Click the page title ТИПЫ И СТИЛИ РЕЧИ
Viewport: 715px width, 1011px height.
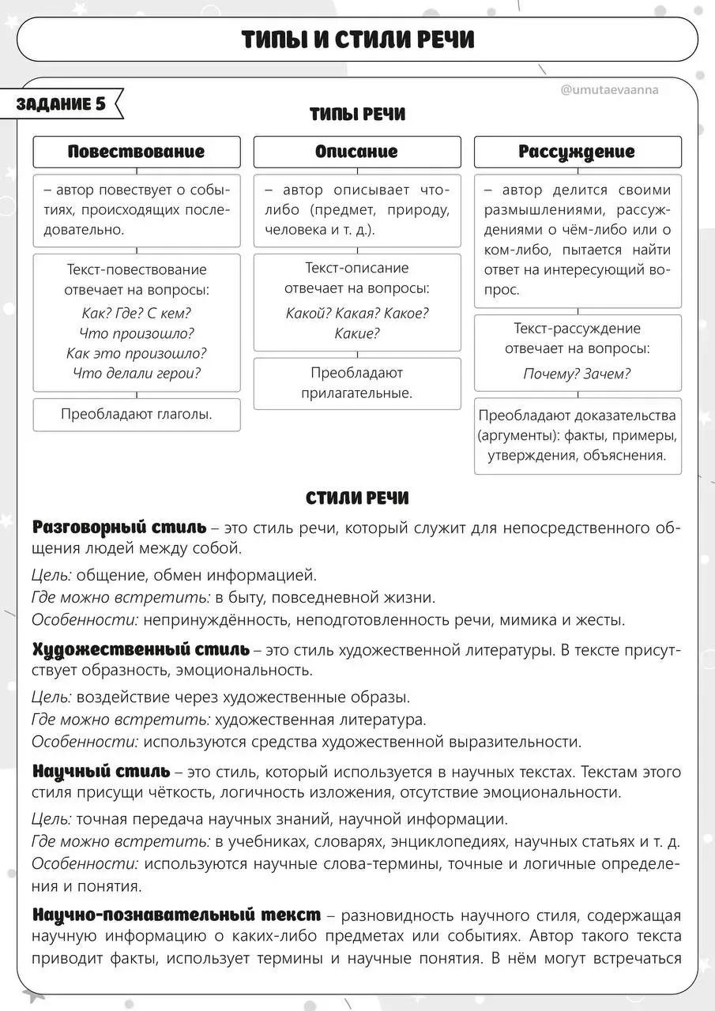(x=357, y=39)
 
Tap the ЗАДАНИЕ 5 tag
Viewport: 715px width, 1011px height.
(x=62, y=104)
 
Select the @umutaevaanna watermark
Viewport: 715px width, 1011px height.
(x=609, y=90)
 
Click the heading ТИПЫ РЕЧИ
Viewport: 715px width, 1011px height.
(x=357, y=115)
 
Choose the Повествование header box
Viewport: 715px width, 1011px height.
(x=136, y=152)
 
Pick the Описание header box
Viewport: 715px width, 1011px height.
(x=356, y=152)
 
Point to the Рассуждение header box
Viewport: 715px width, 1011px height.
(x=577, y=152)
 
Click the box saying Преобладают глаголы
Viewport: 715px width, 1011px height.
(x=136, y=413)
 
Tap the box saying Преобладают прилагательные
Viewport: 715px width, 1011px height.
(x=356, y=382)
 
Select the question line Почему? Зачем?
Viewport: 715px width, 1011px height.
(x=577, y=374)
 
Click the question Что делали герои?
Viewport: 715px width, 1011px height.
(x=136, y=374)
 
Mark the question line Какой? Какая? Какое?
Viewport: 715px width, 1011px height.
(x=356, y=313)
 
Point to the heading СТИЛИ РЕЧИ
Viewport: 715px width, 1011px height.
(x=357, y=498)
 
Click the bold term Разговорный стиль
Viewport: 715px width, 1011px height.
(x=119, y=527)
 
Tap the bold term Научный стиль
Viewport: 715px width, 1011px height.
(x=100, y=771)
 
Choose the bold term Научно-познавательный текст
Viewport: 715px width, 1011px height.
(x=176, y=915)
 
